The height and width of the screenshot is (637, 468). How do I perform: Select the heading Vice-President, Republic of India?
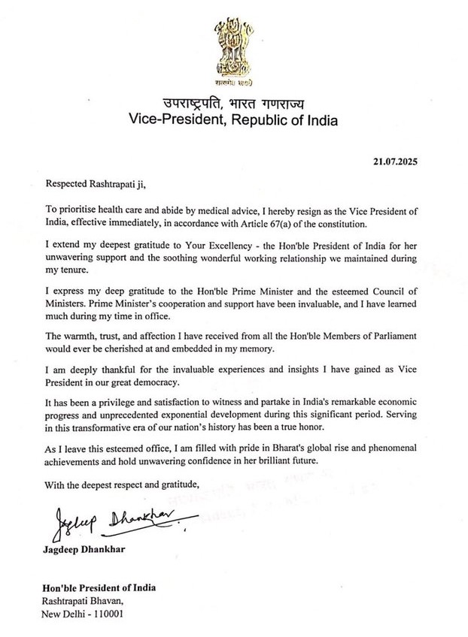pyautogui.click(x=234, y=120)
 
